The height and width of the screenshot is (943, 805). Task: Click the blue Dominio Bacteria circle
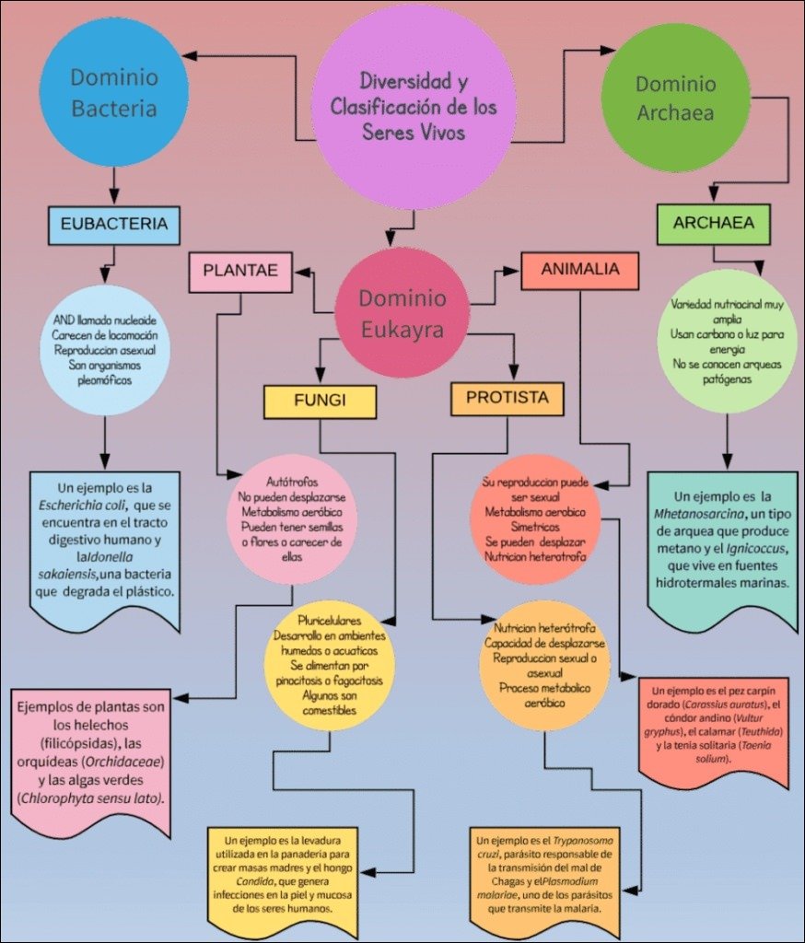[114, 92]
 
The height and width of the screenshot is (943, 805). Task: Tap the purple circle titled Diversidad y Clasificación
[414, 106]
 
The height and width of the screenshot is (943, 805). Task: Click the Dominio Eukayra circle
[402, 313]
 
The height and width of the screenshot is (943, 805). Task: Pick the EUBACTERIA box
[113, 224]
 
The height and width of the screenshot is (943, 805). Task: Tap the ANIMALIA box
[580, 270]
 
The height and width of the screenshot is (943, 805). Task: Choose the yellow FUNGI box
[320, 402]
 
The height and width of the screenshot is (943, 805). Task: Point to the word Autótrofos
[291, 482]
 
